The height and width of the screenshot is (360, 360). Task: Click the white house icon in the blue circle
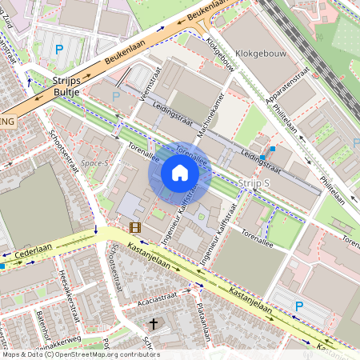pos(179,172)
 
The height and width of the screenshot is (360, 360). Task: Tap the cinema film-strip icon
pos(134,227)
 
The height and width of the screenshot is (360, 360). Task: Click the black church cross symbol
pos(154,324)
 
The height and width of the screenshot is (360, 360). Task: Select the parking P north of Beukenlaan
pos(58,50)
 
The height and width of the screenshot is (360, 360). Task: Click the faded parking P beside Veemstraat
pos(116,96)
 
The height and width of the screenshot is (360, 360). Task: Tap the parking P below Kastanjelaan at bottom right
pos(300,306)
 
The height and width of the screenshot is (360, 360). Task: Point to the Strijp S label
pos(255,183)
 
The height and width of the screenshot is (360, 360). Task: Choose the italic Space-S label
pos(94,162)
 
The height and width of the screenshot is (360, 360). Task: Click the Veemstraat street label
pos(146,106)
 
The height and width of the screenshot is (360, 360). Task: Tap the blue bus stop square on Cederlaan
pos(2,265)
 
